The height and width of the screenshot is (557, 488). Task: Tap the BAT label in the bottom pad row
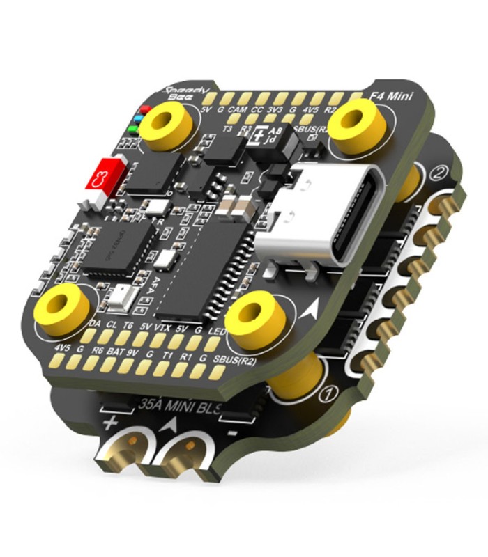tap(116, 353)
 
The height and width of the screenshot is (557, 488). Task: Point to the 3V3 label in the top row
tap(276, 110)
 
